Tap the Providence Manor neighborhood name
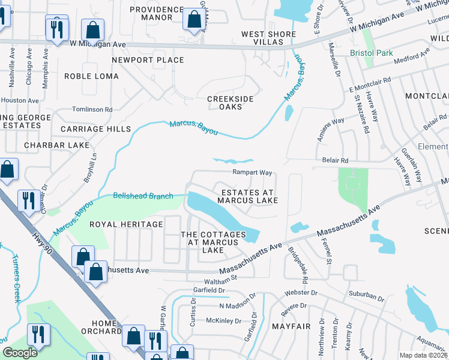[x=156, y=13]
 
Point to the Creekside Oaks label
[x=230, y=103]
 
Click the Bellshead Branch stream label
[x=143, y=196]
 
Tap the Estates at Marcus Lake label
[x=249, y=196]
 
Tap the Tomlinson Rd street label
[x=92, y=110]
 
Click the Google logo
[x=20, y=353]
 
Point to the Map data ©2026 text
[x=423, y=355]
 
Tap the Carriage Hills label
[x=95, y=129]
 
